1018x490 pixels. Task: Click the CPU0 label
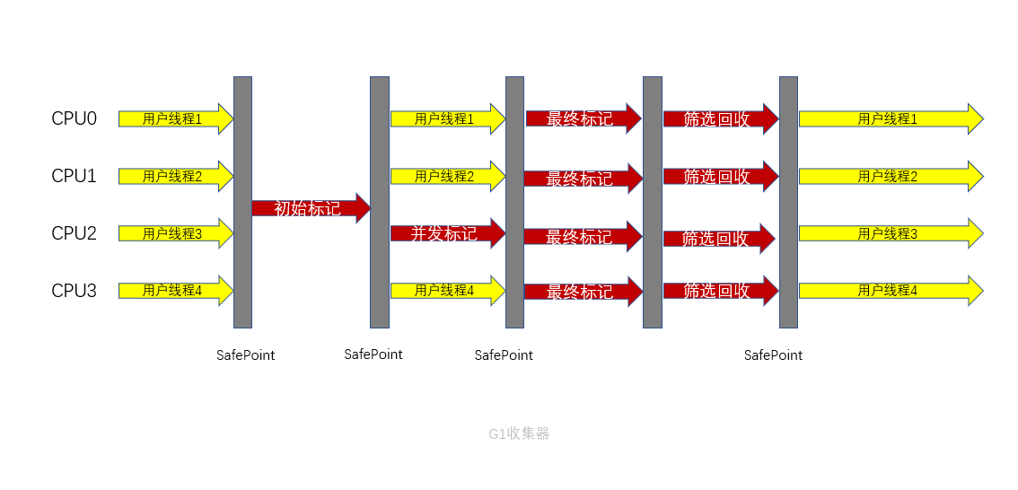[x=74, y=118]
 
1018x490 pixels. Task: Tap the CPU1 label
[x=74, y=176]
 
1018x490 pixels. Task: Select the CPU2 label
[x=74, y=233]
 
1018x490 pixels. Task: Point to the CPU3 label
[x=74, y=291]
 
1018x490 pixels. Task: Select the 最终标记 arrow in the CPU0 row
[x=582, y=118]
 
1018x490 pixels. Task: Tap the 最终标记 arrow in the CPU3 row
[x=582, y=292]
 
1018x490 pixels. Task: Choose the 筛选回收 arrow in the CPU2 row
[x=717, y=239]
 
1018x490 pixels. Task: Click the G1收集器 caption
[x=519, y=433]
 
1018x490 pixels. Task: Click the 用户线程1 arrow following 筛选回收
[x=890, y=118]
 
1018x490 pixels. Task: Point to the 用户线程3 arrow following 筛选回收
[x=890, y=233]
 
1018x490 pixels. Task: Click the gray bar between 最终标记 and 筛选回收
[x=653, y=202]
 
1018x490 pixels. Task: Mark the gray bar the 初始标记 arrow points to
[x=380, y=202]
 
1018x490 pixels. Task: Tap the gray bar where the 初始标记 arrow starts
[x=242, y=202]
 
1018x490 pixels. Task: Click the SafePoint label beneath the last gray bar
[x=773, y=355]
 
